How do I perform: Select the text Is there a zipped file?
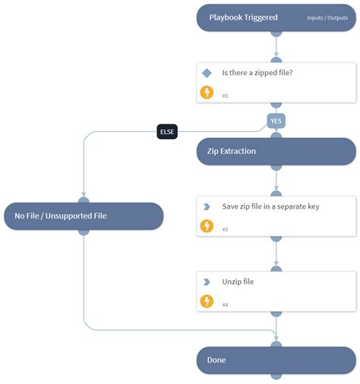click(257, 73)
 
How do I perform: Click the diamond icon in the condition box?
click(207, 73)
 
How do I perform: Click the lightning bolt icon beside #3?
click(207, 93)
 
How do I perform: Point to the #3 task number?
click(226, 96)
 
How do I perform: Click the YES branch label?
click(276, 120)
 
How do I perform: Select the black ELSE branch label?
click(166, 131)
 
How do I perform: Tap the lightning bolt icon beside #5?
click(207, 226)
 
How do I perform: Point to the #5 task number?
click(226, 230)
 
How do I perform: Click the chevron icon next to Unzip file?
click(207, 282)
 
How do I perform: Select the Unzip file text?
click(238, 282)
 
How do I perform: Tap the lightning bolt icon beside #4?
click(207, 301)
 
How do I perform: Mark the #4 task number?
click(226, 305)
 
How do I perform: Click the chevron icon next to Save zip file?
click(207, 206)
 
